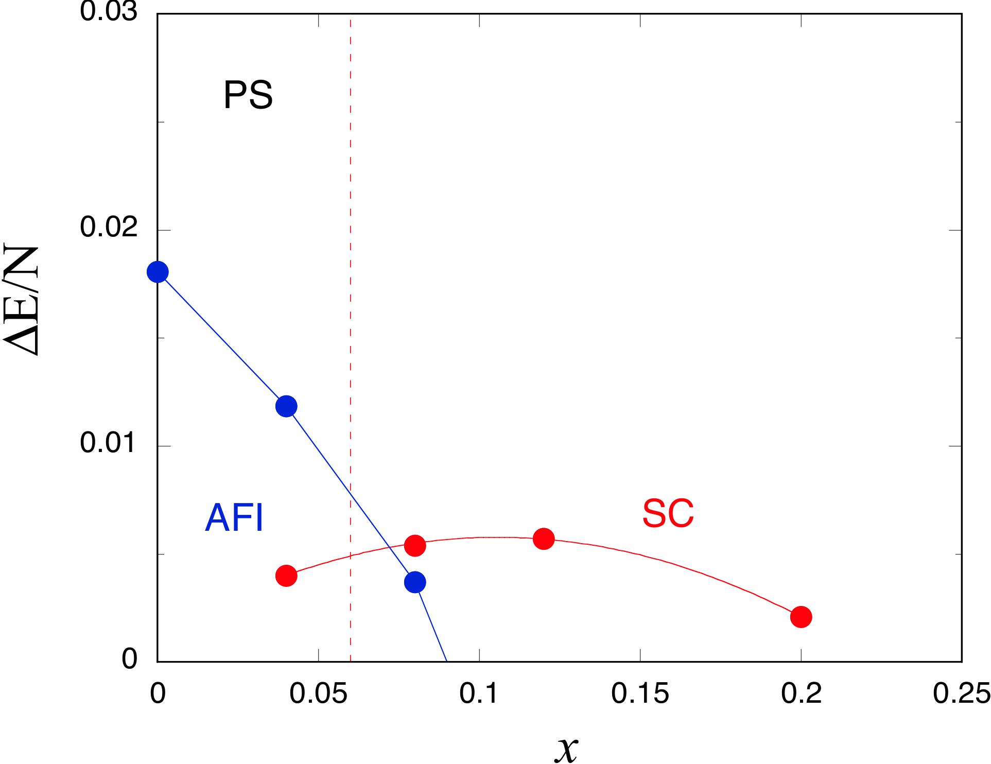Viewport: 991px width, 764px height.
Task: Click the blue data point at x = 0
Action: pos(158,272)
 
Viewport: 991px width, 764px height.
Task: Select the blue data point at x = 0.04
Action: pos(286,406)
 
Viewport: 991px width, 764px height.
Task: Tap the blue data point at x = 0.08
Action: pos(415,582)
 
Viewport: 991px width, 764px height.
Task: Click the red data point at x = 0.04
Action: pos(286,576)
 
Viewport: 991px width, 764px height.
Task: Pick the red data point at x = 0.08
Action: pos(415,545)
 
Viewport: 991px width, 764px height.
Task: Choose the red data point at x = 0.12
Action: pos(544,539)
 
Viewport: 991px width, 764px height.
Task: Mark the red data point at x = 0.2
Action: pos(801,617)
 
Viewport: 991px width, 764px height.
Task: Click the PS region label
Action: pos(248,95)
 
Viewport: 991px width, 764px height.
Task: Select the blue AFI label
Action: pos(234,518)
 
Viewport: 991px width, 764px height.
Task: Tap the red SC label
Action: pos(668,513)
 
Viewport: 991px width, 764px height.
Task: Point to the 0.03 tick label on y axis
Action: pos(109,12)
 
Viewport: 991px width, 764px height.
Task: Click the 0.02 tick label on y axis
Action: pos(109,228)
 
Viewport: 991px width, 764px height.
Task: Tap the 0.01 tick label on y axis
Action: pos(109,444)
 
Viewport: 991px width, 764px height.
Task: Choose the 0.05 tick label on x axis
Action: pos(318,694)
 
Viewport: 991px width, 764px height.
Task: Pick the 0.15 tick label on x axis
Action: pos(640,694)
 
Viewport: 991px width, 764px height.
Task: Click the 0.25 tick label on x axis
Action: pos(961,694)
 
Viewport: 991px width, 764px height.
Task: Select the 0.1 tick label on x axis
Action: pos(479,694)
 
